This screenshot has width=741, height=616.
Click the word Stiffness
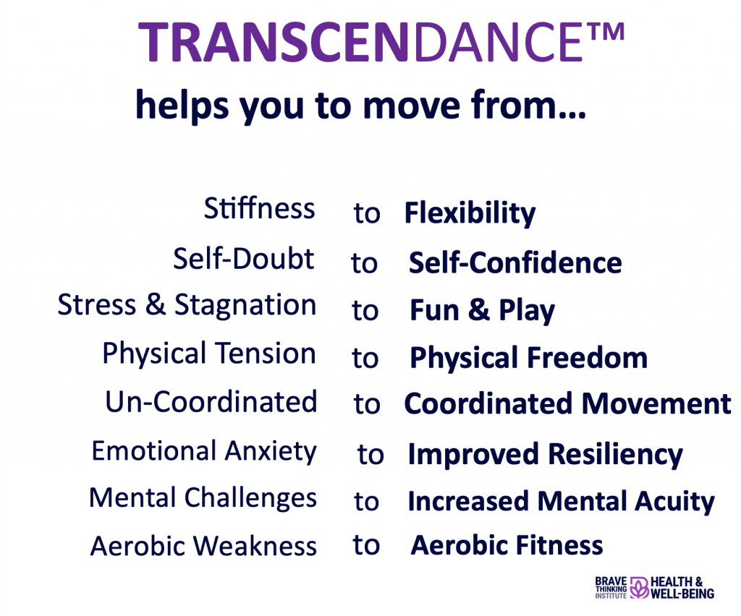260,209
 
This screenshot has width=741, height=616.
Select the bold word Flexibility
470,213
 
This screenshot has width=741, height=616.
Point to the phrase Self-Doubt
244,259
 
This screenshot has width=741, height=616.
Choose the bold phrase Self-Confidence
515,262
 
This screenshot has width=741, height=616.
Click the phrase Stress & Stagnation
187,305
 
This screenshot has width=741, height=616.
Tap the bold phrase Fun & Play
483,311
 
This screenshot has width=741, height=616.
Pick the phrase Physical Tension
209,354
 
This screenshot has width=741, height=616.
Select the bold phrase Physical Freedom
528,358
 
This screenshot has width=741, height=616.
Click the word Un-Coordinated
211,402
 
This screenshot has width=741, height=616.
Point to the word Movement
656,404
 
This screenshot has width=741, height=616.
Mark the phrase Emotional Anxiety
204,451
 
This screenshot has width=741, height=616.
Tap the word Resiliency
615,455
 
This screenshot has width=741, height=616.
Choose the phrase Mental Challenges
203,498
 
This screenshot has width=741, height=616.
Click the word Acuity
674,502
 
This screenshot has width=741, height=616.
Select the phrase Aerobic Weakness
203,546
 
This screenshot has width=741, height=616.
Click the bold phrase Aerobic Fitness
507,546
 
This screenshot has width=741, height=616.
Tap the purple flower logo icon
639,587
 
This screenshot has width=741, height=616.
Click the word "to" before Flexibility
367,214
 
